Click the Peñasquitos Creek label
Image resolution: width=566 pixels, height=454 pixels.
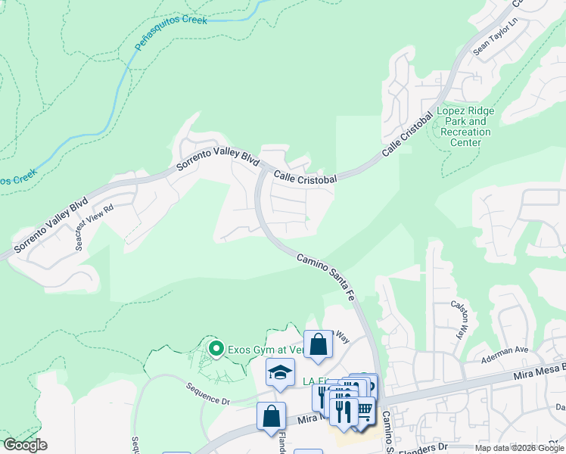click(170, 33)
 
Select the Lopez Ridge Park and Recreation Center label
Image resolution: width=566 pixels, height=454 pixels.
click(465, 126)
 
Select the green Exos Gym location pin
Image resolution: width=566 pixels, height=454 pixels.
click(216, 349)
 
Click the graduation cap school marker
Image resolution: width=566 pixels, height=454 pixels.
click(279, 373)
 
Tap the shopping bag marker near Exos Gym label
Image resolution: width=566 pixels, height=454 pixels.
click(319, 345)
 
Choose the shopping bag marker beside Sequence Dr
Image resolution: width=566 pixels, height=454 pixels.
click(271, 416)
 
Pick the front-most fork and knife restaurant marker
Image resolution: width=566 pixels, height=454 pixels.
click(346, 411)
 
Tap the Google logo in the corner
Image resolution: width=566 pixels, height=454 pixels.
click(25, 445)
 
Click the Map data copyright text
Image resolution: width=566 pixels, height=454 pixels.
click(520, 448)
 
